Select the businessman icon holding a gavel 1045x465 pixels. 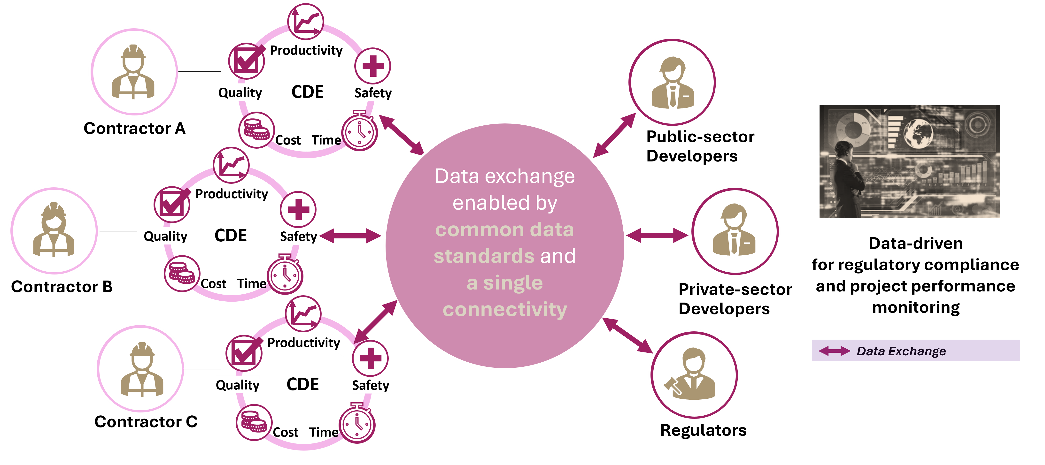point(694,375)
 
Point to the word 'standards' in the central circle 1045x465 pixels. point(484,256)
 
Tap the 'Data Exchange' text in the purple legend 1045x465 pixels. point(901,351)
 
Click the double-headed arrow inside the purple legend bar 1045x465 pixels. point(835,351)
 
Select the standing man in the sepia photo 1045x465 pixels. point(846,174)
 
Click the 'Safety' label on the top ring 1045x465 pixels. point(373,93)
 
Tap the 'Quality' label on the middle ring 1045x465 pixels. point(165,236)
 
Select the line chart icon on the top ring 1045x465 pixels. point(305,22)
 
